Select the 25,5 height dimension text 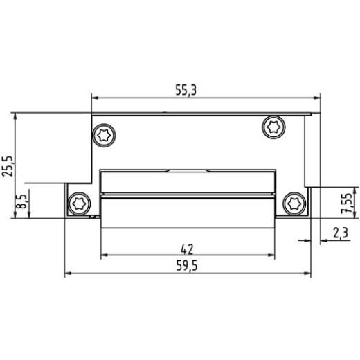pos(8,164)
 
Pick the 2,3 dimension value pos(340,233)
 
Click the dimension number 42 pos(187,249)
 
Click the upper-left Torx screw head pos(106,134)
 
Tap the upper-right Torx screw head pos(272,127)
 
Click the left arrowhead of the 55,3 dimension pos(96,98)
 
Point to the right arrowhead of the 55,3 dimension pos(318,98)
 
